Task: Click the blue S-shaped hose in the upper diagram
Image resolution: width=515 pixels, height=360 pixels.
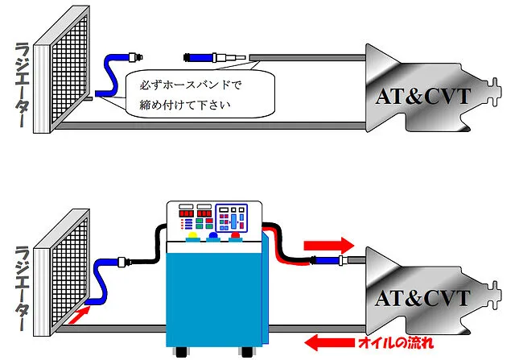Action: point(108,77)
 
